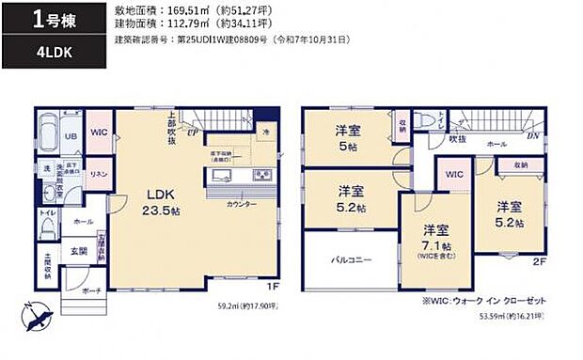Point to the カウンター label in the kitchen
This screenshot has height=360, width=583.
[x=242, y=204]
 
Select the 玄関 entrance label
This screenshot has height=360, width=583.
[x=79, y=251]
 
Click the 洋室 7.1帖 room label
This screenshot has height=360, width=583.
[x=434, y=236]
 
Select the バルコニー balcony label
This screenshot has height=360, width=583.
[x=349, y=259]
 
